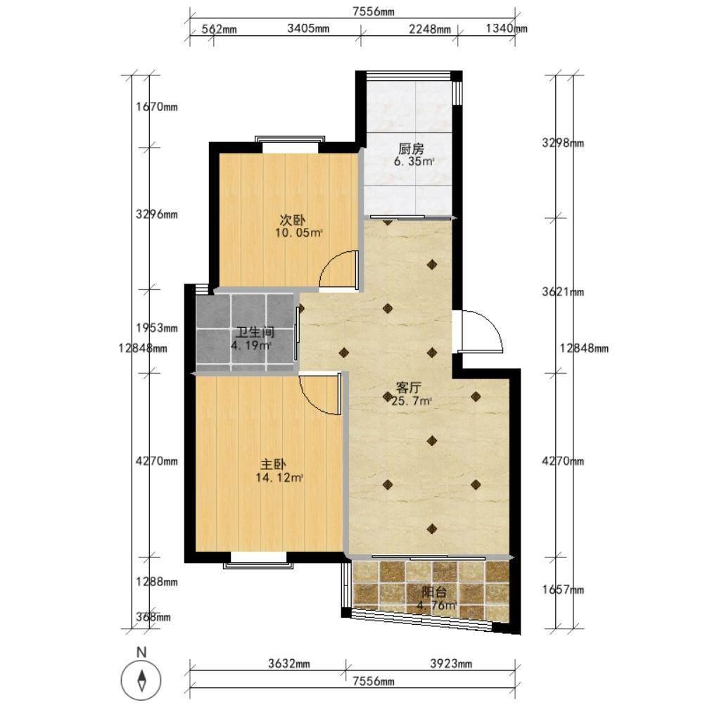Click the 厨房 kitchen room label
click(x=411, y=148)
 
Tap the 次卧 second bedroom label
click(x=293, y=220)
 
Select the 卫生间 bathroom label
click(x=255, y=332)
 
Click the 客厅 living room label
click(x=408, y=387)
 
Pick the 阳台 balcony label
click(x=434, y=592)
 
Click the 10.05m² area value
click(x=299, y=233)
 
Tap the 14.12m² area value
click(x=279, y=478)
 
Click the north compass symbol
click(x=141, y=680)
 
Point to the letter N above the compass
click(x=141, y=652)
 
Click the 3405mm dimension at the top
click(x=308, y=29)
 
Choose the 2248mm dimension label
click(x=430, y=30)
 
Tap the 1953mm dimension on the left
click(x=157, y=328)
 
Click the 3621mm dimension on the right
click(x=563, y=292)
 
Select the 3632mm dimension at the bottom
click(x=289, y=663)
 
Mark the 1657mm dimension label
click(x=563, y=590)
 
